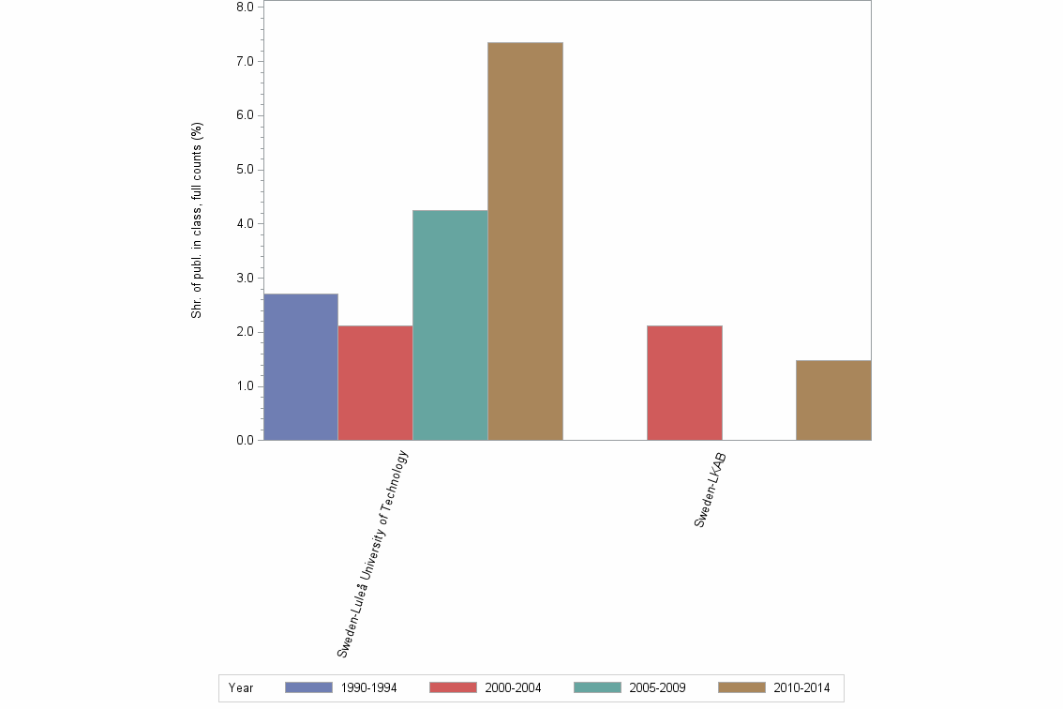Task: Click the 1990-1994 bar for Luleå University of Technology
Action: pyautogui.click(x=301, y=367)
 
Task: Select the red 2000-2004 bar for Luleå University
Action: pyautogui.click(x=375, y=383)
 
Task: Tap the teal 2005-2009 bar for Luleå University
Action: pyautogui.click(x=450, y=325)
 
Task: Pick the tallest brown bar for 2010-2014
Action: pyautogui.click(x=525, y=241)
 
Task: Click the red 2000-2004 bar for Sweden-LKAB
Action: pyautogui.click(x=684, y=383)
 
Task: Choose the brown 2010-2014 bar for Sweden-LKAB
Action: pyautogui.click(x=833, y=400)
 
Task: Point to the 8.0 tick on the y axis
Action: pyautogui.click(x=245, y=8)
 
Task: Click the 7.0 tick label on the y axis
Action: pyautogui.click(x=245, y=62)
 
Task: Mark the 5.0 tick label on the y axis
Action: pyautogui.click(x=245, y=170)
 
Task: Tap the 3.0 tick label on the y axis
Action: pyautogui.click(x=245, y=279)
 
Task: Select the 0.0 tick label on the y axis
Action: pyautogui.click(x=245, y=441)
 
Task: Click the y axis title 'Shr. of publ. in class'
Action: pyautogui.click(x=198, y=220)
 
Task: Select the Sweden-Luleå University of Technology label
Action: pyautogui.click(x=373, y=553)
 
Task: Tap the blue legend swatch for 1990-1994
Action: pyautogui.click(x=308, y=687)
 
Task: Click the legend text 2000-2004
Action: pyautogui.click(x=513, y=687)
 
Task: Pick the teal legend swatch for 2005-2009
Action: pyautogui.click(x=597, y=687)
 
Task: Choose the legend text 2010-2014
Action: pyautogui.click(x=801, y=687)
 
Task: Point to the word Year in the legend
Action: pyautogui.click(x=241, y=687)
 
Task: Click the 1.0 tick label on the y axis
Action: pyautogui.click(x=245, y=386)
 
